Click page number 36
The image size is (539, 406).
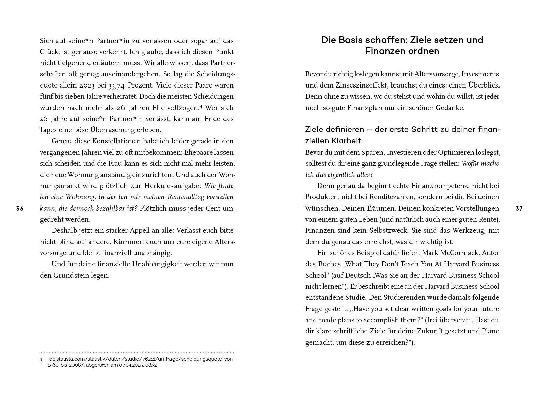tap(20, 209)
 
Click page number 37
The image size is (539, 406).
tap(519, 209)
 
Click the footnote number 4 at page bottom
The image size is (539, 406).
tap(41, 359)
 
